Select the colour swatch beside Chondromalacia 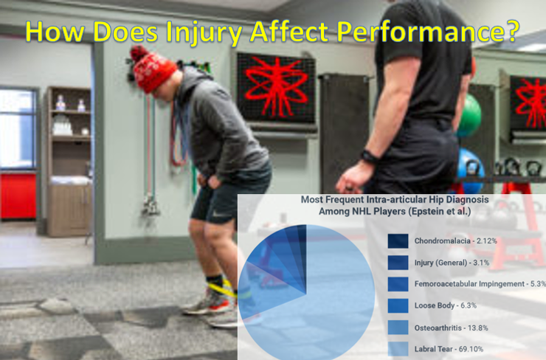coord(398,241)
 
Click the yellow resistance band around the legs coord(221,287)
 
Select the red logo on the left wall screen coord(274,86)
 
